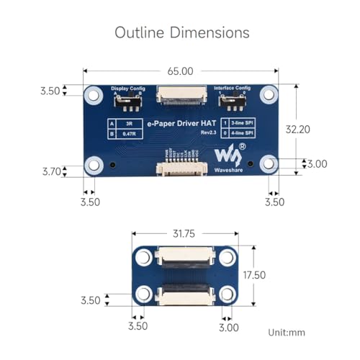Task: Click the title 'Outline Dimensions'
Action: [181, 32]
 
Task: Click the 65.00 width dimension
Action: [181, 71]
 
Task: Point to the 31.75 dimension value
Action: [181, 233]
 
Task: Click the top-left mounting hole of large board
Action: [93, 94]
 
